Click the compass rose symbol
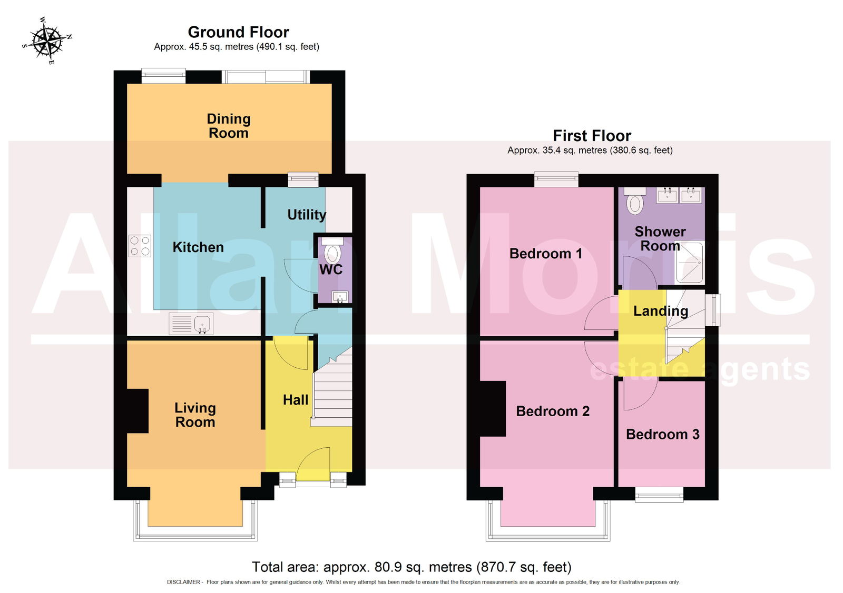(x=47, y=41)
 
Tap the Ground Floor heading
(x=238, y=32)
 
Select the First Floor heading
(x=592, y=136)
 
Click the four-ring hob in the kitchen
(x=140, y=246)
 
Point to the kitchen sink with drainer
(x=191, y=323)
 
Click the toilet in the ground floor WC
(x=331, y=250)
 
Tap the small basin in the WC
(x=340, y=297)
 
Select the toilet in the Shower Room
(x=635, y=200)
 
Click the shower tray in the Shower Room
(x=689, y=263)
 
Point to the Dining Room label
(x=229, y=126)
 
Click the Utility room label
(x=306, y=215)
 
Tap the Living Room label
(x=195, y=415)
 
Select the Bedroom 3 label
(x=662, y=435)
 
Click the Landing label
(x=661, y=311)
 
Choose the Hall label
(x=296, y=400)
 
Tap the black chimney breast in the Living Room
(x=138, y=411)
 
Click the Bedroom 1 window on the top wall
(x=556, y=179)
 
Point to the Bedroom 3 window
(x=659, y=495)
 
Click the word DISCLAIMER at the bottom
(x=183, y=582)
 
